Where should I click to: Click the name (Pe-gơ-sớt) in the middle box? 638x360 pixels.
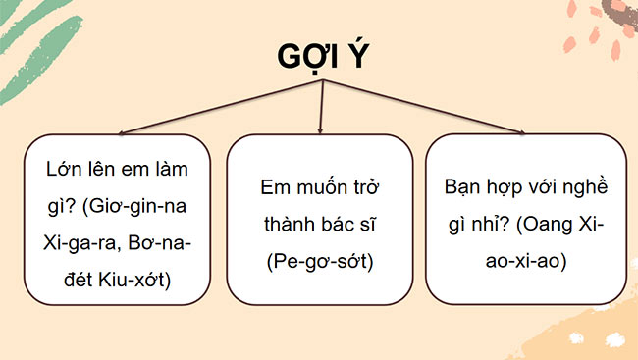[x=320, y=261]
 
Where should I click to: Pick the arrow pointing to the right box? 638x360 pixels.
[x=520, y=130]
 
